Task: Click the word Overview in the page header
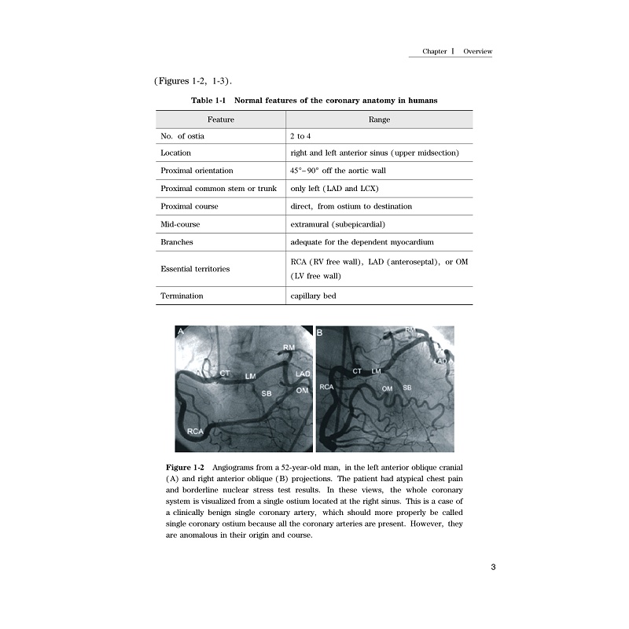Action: [477, 51]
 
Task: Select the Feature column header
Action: [220, 120]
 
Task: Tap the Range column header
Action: [379, 120]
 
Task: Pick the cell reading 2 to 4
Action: [300, 136]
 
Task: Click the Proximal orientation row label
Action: [197, 171]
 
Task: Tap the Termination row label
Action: [182, 296]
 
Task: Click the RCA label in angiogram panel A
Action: [196, 432]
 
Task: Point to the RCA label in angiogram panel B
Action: [327, 388]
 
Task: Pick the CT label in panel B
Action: [357, 370]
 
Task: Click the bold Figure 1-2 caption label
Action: [186, 468]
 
